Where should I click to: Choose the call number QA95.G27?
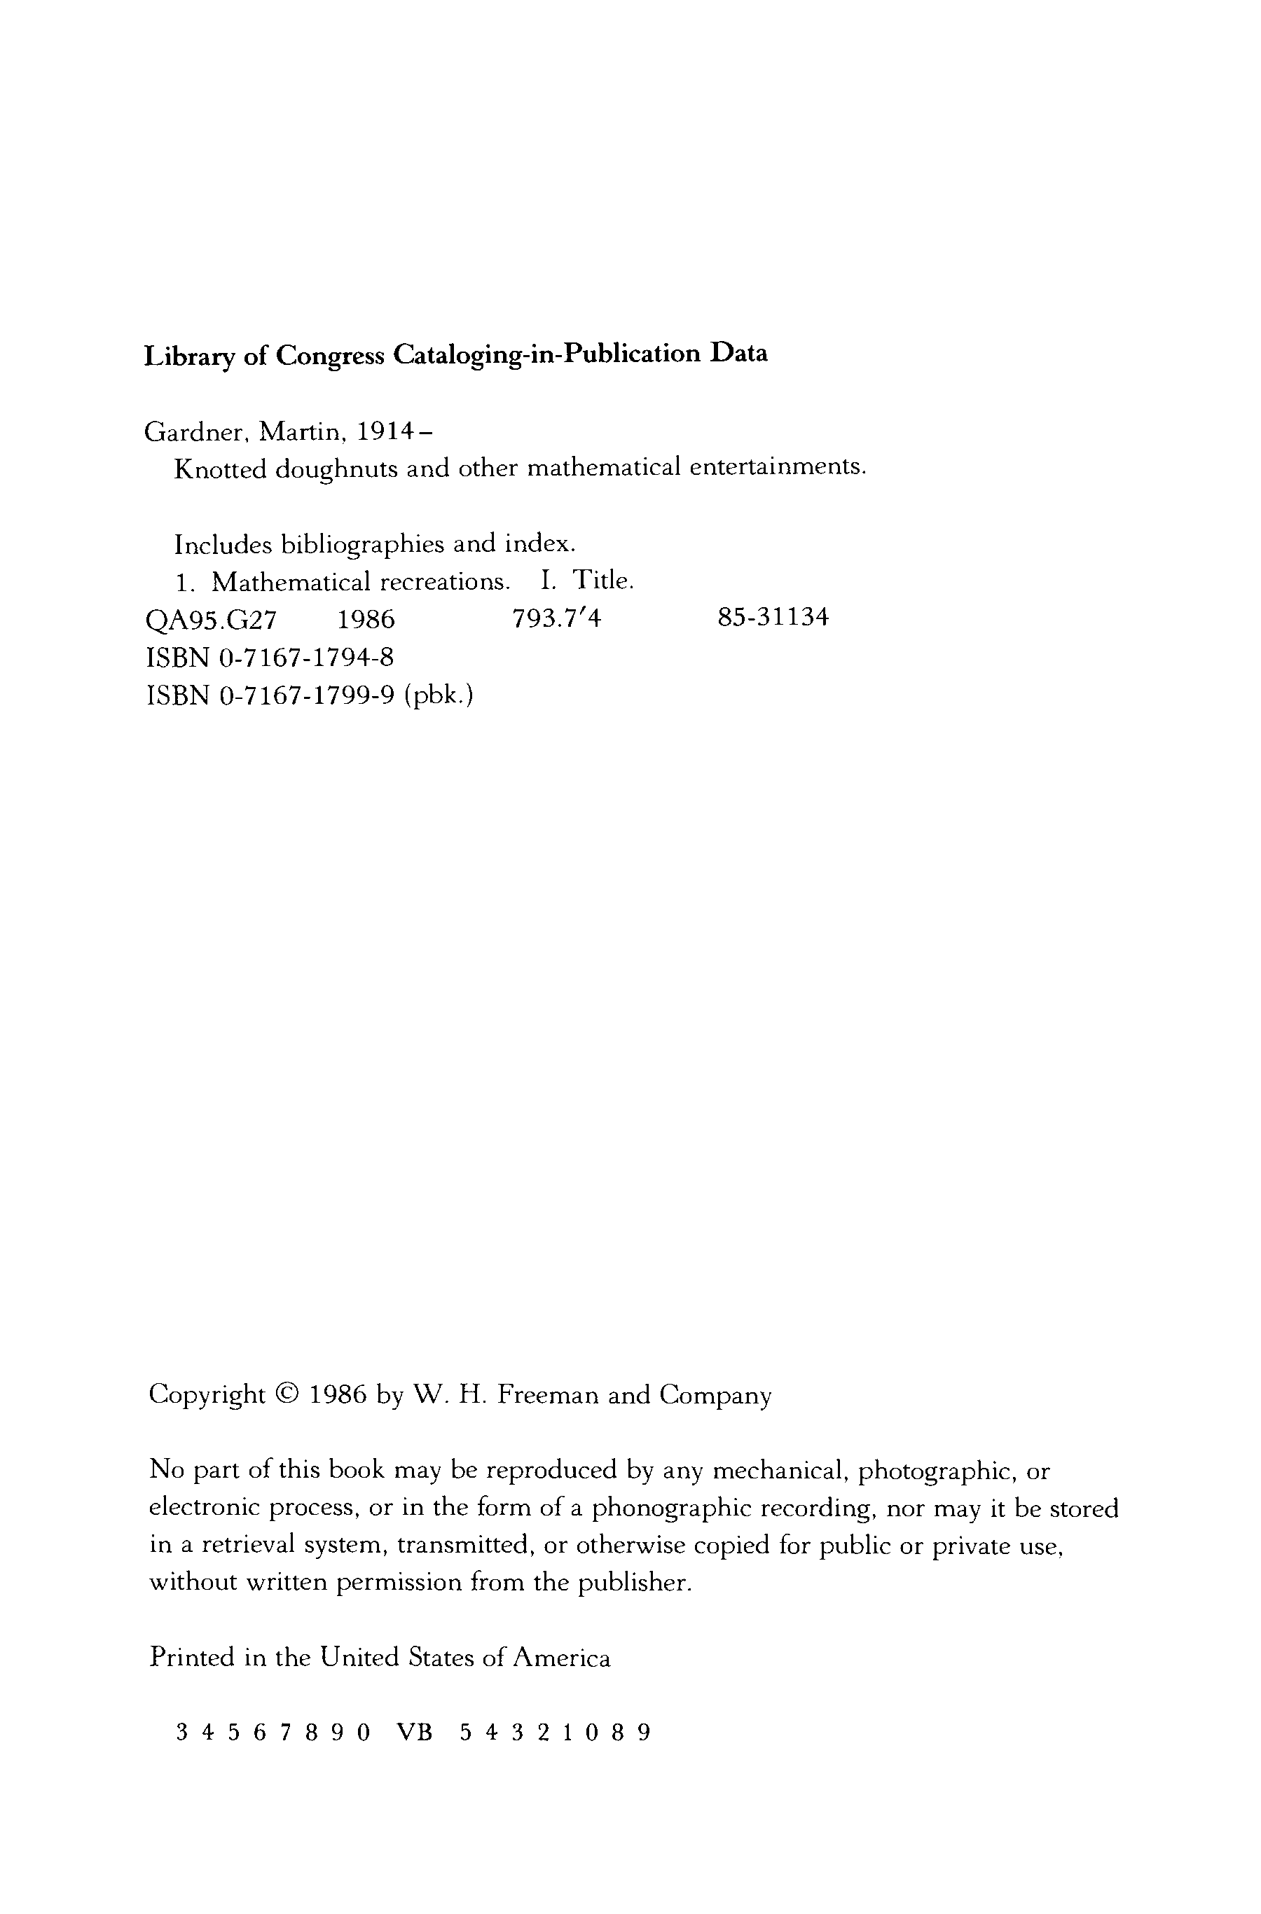click(x=212, y=619)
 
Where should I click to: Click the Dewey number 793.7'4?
click(x=556, y=618)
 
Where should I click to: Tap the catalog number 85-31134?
click(x=772, y=618)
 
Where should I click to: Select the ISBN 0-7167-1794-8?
click(x=305, y=657)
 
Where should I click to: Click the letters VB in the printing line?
click(x=415, y=1733)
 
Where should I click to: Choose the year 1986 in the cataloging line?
click(x=366, y=619)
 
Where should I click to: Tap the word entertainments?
click(x=777, y=467)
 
